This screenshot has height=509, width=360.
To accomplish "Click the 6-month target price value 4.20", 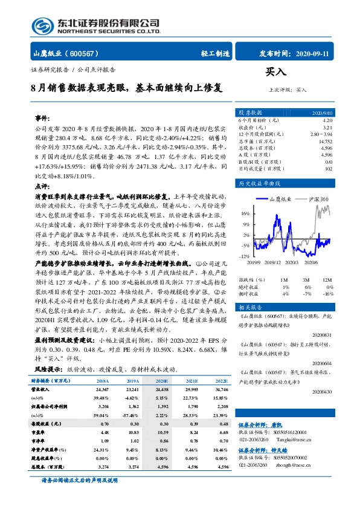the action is pos(327,120).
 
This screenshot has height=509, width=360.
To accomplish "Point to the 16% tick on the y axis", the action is pos(245,213).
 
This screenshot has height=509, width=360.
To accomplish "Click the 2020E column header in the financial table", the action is pos(162,381).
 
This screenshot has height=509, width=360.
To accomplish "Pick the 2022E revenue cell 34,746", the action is pos(219,390).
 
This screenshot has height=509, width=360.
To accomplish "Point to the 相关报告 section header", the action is pos(250,290).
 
